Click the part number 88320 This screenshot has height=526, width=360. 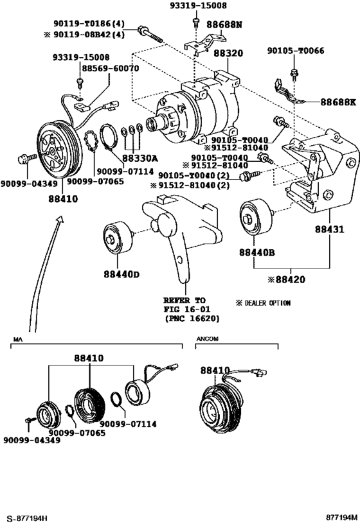[228, 55]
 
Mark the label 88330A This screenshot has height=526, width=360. [140, 157]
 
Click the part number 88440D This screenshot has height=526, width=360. [119, 276]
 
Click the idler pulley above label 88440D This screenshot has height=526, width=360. [118, 238]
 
